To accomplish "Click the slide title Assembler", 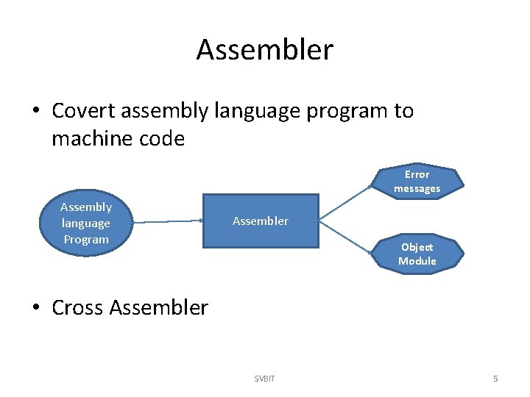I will point(264,50).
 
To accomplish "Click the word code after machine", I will point(160,137).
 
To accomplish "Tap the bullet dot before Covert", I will point(35,112).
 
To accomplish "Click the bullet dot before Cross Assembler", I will point(35,308).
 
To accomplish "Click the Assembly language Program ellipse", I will point(86,223).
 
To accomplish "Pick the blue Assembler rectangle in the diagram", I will point(261,221).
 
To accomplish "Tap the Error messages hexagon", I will point(417,182).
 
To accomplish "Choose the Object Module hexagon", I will point(417,254).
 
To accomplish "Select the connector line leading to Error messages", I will point(346,202).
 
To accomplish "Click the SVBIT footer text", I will point(264,379).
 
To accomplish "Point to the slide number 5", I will point(495,379).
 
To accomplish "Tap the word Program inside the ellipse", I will point(86,240).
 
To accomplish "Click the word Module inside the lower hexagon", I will point(417,261).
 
